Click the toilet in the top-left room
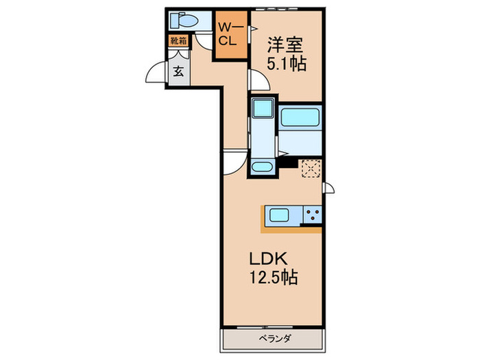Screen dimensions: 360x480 click(184, 20)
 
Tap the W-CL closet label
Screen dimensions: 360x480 click(228, 33)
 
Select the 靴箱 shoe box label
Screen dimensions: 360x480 click(178, 40)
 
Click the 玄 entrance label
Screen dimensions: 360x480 click(178, 71)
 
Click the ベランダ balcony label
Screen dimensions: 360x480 click(273, 338)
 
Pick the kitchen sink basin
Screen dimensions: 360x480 click(280, 215)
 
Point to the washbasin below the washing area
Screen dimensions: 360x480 click(261, 167)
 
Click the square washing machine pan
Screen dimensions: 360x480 click(261, 108)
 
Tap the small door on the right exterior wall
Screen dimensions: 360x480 click(328, 187)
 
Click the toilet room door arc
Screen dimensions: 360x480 click(203, 40)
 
